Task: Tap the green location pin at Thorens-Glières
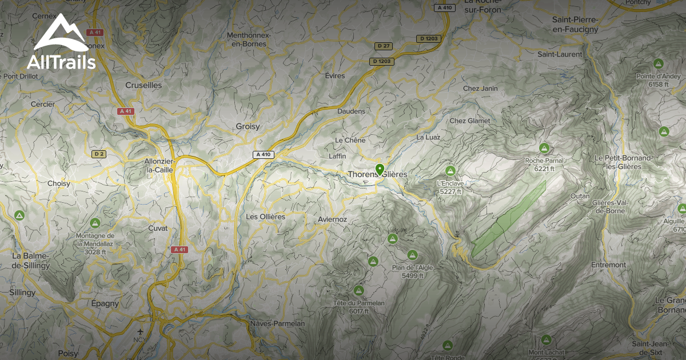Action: point(380,169)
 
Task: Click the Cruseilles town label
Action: point(143,85)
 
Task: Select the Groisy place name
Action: point(248,126)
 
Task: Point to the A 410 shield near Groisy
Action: point(264,154)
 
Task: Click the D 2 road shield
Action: point(99,154)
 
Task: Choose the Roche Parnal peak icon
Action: point(544,149)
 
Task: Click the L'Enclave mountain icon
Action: point(450,171)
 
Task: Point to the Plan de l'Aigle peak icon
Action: point(412,255)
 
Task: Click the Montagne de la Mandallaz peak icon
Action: point(95,223)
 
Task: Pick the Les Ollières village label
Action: point(265,217)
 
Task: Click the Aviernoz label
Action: point(333,219)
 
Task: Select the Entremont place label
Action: point(609,265)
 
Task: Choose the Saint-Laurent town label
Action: point(560,54)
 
